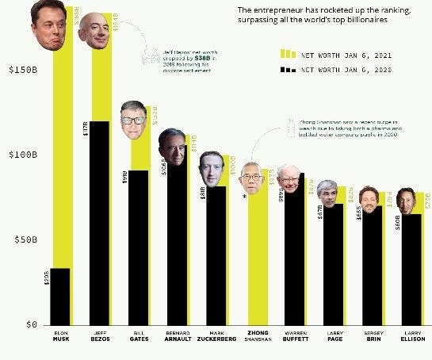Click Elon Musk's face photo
click(48, 22)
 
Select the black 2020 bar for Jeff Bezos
click(99, 222)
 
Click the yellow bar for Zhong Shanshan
click(258, 262)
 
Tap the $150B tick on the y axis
click(21, 69)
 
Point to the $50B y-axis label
click(21, 239)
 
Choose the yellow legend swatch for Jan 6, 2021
click(286, 54)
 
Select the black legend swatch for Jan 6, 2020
click(286, 70)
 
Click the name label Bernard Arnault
click(177, 335)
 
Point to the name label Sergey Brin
click(373, 335)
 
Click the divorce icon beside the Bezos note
click(148, 57)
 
